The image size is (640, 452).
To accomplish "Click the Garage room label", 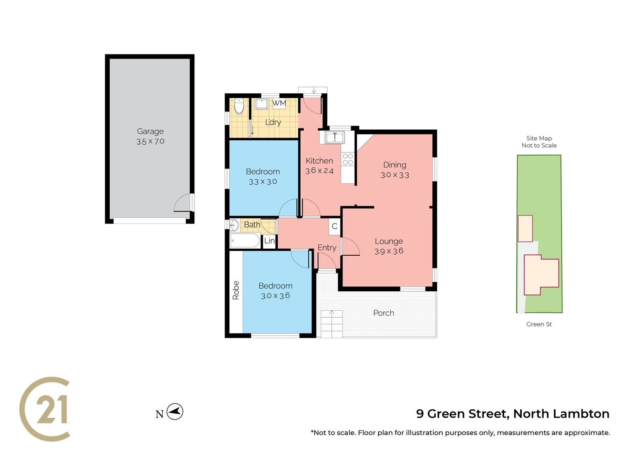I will pos(150,131).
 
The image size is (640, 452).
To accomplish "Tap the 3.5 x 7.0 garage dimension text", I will pos(150,141).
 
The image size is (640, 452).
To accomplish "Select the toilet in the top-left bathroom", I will pos(239,106).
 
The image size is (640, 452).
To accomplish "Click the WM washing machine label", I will pos(279,103).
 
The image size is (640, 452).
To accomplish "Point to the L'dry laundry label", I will pos(273,122).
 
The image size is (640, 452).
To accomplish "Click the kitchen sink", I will pos(334,137).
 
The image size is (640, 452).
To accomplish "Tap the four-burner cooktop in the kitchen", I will pos(348,159).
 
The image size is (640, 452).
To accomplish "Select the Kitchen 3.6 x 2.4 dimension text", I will pos(319,171).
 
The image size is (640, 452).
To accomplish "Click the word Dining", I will pos(395,165).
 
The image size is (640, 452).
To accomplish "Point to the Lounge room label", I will pos(389,241).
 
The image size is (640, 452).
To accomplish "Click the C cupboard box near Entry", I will pos(334,226).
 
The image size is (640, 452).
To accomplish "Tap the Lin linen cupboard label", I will pos(269,241).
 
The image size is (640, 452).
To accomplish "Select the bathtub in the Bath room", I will pos(245,241).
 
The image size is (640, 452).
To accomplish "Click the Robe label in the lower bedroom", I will pos(236,290).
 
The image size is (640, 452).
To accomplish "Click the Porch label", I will pos(383,313).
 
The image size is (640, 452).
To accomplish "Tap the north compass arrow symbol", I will pos(175,412).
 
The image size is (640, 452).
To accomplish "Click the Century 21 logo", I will pos(45,409).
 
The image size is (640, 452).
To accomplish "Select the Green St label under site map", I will pos(539,324).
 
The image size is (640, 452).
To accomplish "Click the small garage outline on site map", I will pos(525,229).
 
